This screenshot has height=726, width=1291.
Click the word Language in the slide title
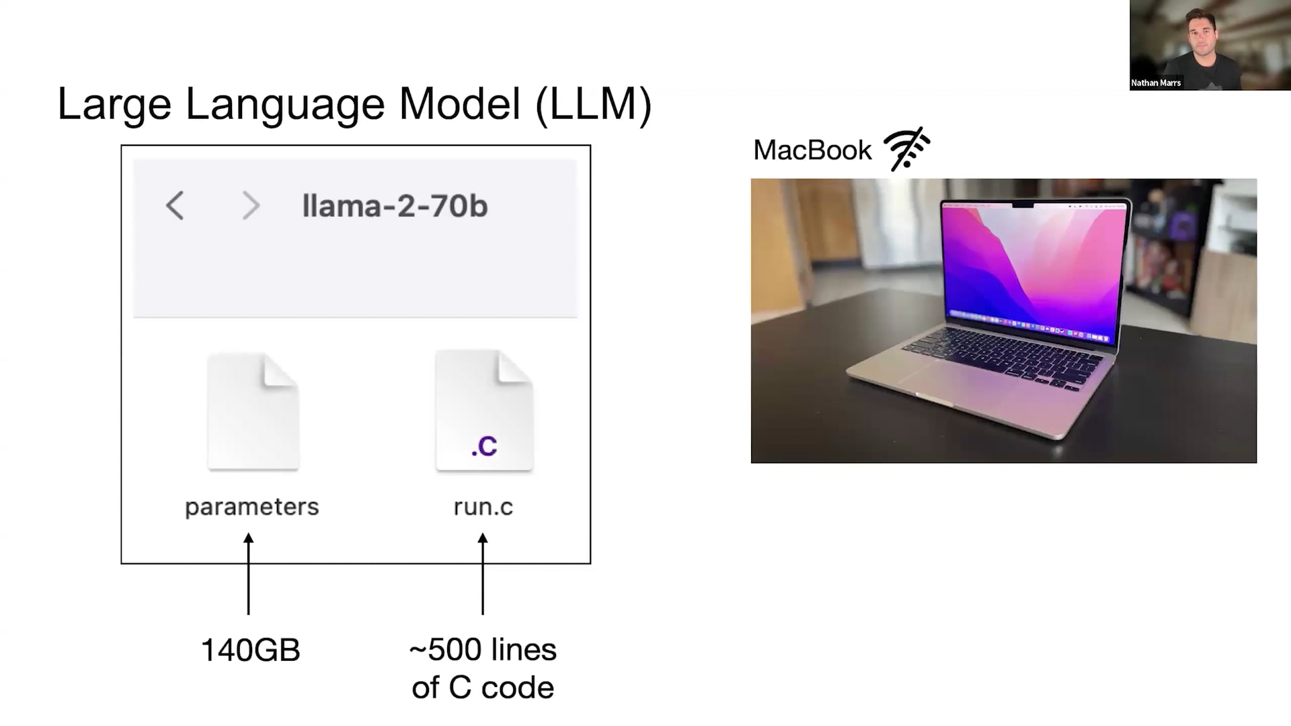(285, 105)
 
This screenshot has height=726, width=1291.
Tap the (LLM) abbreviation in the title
(593, 105)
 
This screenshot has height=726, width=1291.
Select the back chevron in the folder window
(175, 206)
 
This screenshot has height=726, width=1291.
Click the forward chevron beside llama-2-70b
(251, 206)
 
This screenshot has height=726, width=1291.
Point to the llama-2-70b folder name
(395, 206)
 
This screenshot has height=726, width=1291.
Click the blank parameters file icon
(253, 411)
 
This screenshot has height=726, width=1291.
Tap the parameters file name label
(252, 507)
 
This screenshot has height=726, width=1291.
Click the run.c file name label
(483, 507)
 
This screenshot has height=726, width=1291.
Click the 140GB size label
(250, 651)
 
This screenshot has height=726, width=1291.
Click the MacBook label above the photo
(812, 150)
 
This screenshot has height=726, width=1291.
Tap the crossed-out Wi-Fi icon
(907, 149)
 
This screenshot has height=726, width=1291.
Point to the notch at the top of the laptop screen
(1022, 204)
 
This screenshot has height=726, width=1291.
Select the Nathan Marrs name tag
(1156, 83)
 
